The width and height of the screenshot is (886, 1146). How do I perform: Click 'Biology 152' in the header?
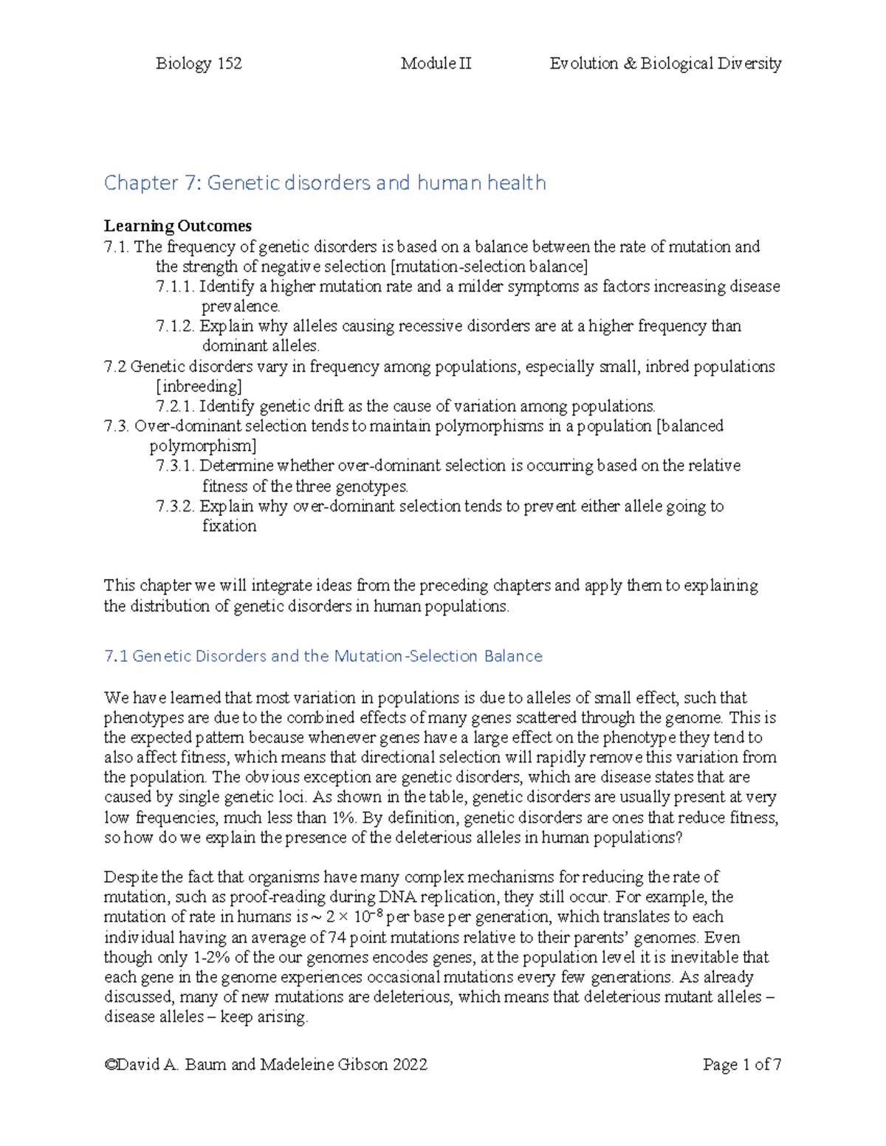click(199, 63)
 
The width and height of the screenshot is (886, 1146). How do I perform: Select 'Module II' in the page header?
click(436, 63)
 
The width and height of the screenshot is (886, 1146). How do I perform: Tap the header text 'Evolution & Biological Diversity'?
click(665, 63)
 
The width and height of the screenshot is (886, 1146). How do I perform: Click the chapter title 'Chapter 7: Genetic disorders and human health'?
click(325, 182)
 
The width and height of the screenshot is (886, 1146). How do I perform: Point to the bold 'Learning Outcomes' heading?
click(178, 226)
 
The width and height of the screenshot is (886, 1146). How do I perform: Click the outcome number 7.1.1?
click(175, 286)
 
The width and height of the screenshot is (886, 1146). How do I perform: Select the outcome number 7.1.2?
click(175, 326)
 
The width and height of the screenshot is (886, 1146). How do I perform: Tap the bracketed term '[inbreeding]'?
click(199, 387)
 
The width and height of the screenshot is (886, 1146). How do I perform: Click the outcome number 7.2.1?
click(175, 407)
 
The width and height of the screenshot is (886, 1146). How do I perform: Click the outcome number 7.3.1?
click(175, 466)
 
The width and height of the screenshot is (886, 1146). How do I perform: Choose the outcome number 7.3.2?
click(175, 506)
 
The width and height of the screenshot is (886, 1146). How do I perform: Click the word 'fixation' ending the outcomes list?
click(230, 526)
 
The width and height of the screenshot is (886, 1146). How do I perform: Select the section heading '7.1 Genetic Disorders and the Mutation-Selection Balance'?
click(323, 656)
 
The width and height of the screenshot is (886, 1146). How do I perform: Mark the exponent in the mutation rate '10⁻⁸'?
click(378, 913)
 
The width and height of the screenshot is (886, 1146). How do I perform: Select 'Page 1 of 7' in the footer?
click(742, 1065)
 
